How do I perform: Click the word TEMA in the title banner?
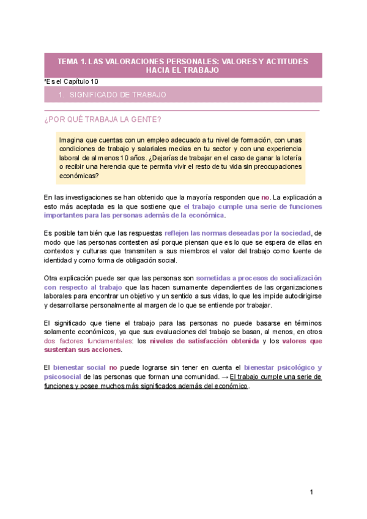[x=67, y=62]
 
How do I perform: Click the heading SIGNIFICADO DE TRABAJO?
[x=117, y=95]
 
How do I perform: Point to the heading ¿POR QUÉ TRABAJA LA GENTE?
[x=103, y=119]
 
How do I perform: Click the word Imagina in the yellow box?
[x=72, y=140]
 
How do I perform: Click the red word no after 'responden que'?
[x=265, y=198]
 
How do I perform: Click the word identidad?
[x=61, y=259]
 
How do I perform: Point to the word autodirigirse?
[x=299, y=296]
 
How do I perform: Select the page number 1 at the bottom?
[x=311, y=493]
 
